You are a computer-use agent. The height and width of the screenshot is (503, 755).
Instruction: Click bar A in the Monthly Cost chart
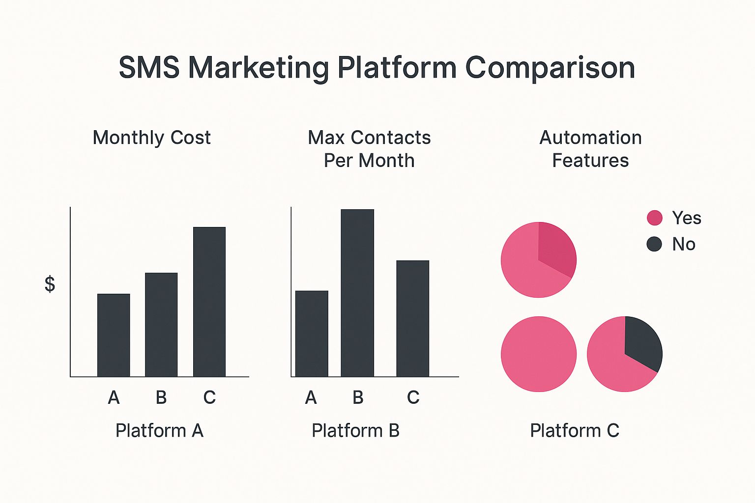[114, 335]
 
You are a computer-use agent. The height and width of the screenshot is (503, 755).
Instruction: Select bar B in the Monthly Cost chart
[161, 325]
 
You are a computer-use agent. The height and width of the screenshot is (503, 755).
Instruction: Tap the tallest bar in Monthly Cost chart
[209, 302]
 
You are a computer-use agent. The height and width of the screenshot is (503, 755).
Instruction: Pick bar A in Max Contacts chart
[312, 334]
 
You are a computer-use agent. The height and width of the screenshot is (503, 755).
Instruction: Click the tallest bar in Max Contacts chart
[358, 293]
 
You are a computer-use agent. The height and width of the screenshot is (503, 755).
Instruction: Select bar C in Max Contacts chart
[413, 318]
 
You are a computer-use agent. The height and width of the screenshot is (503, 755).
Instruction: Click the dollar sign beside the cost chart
[50, 284]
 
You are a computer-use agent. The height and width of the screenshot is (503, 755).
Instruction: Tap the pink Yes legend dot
[655, 218]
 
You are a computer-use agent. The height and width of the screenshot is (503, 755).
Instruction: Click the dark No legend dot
[654, 244]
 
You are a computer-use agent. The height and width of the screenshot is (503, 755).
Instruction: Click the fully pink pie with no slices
[539, 354]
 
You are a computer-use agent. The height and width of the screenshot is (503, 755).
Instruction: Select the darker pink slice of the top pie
[556, 248]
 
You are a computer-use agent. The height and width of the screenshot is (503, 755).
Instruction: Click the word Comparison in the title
[550, 68]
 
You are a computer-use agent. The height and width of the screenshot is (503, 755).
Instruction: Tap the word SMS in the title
[149, 68]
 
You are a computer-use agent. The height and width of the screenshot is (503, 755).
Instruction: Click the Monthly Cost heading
[152, 138]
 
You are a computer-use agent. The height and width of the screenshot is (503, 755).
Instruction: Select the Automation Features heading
[590, 148]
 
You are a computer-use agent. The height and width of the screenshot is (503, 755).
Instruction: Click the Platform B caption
[355, 430]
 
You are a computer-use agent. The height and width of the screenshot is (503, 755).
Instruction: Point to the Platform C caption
[575, 430]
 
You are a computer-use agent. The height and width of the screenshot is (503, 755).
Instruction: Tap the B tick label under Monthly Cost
[161, 397]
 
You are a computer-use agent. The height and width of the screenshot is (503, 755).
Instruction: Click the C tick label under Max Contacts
[413, 397]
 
